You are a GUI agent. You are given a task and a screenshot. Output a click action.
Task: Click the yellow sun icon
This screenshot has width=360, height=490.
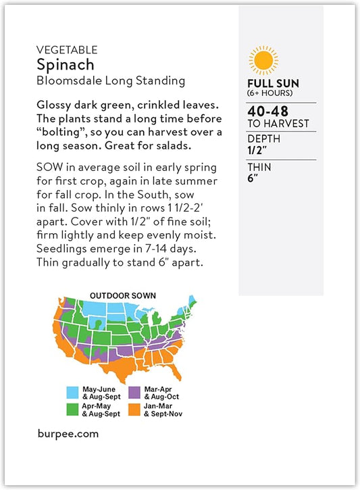click(x=262, y=59)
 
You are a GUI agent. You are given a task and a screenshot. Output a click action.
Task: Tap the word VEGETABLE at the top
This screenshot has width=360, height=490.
click(x=68, y=50)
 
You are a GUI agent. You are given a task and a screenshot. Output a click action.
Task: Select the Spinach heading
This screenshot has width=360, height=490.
click(x=66, y=65)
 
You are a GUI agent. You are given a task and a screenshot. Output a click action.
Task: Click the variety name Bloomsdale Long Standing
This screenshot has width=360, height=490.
click(x=111, y=80)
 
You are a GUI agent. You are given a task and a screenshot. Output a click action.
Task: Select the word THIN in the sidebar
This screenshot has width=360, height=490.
click(x=259, y=168)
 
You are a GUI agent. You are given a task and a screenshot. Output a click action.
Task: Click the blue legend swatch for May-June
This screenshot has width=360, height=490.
click(x=72, y=391)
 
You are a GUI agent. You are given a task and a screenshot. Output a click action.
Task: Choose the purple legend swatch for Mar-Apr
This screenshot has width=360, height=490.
click(x=134, y=391)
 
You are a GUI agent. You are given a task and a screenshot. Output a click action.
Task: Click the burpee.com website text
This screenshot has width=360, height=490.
click(x=68, y=434)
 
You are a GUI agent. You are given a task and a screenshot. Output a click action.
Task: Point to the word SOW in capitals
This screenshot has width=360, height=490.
click(x=49, y=167)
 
